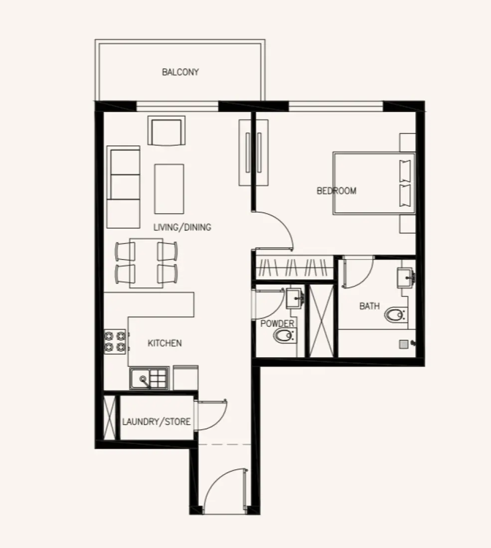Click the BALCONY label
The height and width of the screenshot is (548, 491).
coord(180,72)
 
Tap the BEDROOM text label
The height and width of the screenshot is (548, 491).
coord(336,191)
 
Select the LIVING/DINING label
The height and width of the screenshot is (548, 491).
coord(182,228)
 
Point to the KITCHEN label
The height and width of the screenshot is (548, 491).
coord(164,343)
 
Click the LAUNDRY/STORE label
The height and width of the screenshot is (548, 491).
coord(156,422)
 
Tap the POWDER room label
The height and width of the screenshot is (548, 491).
coord(277,324)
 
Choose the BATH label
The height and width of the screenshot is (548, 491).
coord(369,306)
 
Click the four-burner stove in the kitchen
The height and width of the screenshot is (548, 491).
coord(115,342)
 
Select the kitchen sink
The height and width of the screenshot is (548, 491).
coord(149,379)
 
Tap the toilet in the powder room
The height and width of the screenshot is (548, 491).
coord(284,337)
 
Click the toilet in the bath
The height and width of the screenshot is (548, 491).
coord(395,315)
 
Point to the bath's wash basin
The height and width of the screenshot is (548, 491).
coord(405,277)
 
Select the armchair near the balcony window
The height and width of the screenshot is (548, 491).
coord(166,131)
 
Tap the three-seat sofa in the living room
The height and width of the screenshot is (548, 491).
coord(124,187)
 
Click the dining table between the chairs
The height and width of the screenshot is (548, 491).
coord(146,263)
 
